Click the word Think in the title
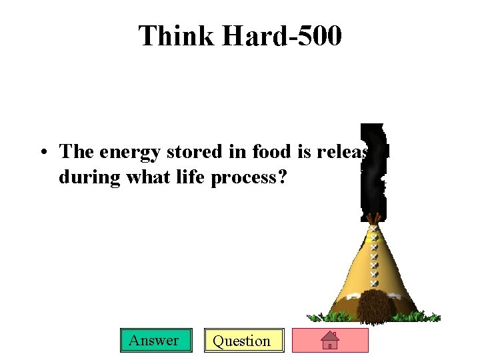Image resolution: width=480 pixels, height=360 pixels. [177, 36]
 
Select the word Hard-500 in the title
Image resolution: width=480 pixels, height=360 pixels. [282, 36]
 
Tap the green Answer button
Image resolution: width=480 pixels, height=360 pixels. [154, 341]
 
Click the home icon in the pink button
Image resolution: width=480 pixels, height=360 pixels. [330, 341]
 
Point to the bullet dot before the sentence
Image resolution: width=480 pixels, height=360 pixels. [41, 153]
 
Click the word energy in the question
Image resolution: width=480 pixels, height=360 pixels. [129, 153]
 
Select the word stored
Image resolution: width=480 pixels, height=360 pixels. [189, 152]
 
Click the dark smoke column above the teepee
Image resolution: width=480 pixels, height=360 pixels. [372, 170]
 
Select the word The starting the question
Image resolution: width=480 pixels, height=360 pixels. [77, 152]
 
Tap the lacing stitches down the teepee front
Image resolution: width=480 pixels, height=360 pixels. [374, 257]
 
